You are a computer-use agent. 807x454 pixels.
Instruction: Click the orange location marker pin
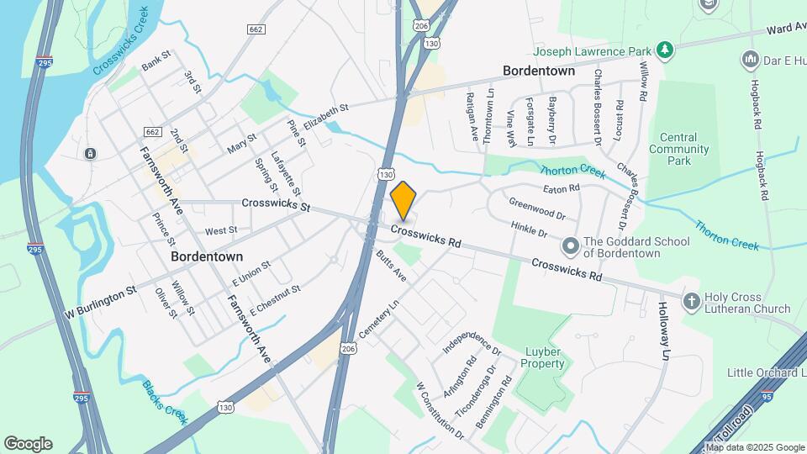[403, 199]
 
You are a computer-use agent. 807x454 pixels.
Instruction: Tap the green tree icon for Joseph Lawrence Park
[665, 50]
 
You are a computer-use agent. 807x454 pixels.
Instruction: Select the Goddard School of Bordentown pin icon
[571, 246]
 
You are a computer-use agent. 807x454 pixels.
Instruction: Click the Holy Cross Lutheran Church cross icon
[692, 301]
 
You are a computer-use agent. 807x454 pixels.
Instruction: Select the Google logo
[28, 444]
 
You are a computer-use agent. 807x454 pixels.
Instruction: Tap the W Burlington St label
[101, 303]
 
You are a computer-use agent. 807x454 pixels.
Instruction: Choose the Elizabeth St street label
[325, 117]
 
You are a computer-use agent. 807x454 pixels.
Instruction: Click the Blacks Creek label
[163, 403]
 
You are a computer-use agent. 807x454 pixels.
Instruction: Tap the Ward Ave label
[785, 29]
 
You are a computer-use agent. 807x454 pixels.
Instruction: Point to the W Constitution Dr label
[440, 410]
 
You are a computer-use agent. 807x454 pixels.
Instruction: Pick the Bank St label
[156, 60]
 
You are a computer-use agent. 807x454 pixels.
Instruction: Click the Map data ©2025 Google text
[757, 447]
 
